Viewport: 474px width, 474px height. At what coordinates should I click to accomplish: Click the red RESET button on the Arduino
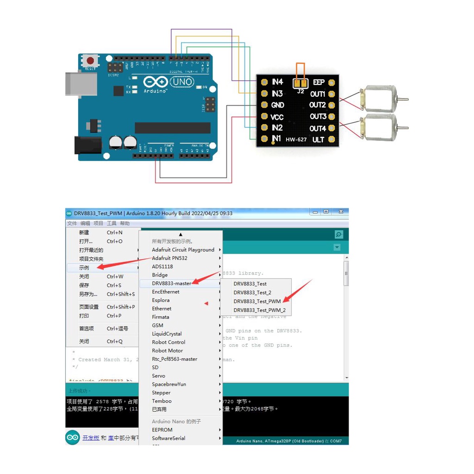point(91,61)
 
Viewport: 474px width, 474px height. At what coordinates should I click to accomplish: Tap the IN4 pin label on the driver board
point(277,82)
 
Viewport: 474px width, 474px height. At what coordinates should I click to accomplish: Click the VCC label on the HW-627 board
point(277,117)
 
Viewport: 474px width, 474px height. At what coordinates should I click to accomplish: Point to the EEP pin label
point(318,82)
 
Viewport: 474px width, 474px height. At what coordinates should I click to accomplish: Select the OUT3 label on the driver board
point(318,116)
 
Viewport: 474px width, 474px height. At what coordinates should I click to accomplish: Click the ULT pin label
point(318,139)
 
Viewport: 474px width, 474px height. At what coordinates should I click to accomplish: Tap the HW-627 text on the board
point(296,139)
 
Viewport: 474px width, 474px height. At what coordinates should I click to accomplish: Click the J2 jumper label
point(300,91)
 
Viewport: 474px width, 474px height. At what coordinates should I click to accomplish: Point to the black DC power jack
point(86,145)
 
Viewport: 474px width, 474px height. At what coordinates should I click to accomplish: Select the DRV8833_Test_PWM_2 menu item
point(259,310)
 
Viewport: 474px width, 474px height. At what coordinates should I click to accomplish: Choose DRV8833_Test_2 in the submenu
point(252,293)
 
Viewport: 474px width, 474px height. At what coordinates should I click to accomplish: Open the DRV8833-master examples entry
point(171,283)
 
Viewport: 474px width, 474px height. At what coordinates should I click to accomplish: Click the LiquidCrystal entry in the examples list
point(167,334)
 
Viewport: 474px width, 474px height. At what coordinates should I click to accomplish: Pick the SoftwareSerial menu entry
point(168,438)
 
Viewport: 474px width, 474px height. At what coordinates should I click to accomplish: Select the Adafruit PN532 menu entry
point(170,258)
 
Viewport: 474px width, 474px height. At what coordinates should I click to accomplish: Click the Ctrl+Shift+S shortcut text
point(121,294)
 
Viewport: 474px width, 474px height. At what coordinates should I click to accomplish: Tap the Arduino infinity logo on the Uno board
point(155,82)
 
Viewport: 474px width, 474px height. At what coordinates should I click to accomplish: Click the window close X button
point(341,212)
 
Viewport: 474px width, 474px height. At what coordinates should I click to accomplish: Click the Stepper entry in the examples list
point(161,393)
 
